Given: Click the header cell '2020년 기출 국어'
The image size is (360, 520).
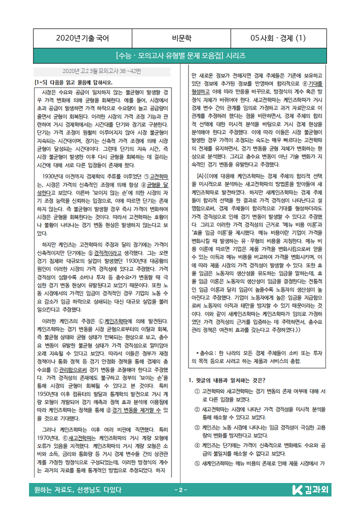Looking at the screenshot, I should (x=82, y=37).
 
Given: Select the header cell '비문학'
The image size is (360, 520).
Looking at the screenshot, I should (x=180, y=37).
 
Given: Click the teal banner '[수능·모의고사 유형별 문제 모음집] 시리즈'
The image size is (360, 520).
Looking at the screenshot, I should (x=180, y=55).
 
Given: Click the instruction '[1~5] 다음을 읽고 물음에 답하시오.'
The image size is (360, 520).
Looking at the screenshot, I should (x=73, y=82).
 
